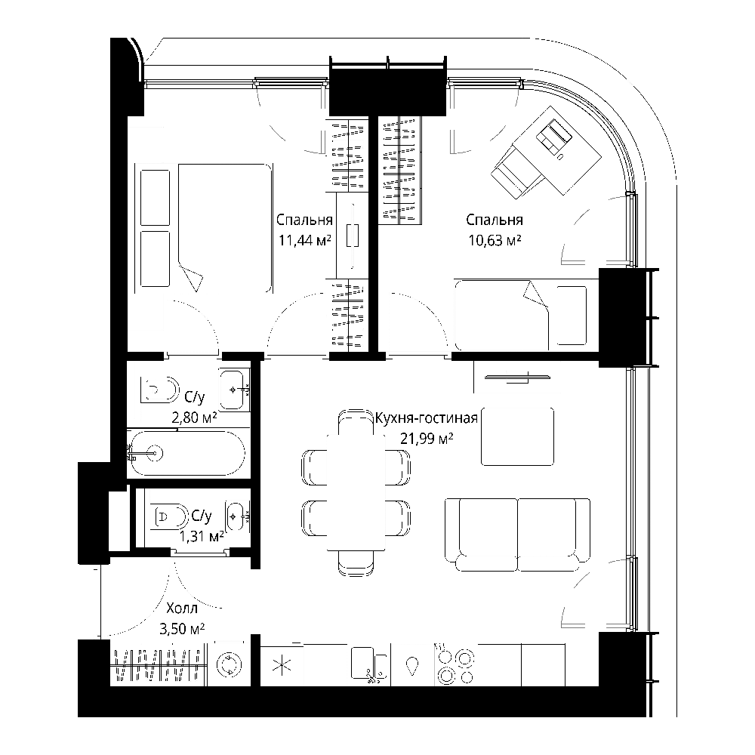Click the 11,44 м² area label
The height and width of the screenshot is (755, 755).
[x=305, y=240]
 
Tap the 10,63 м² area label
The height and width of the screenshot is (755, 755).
[x=495, y=240]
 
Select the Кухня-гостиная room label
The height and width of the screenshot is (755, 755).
[x=426, y=418]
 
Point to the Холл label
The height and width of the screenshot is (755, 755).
[x=182, y=608]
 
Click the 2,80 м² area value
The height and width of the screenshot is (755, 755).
[x=194, y=418]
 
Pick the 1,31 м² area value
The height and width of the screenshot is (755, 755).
[x=202, y=536]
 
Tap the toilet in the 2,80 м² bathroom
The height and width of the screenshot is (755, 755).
[x=159, y=389]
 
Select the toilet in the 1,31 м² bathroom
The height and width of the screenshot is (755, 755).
[x=168, y=516]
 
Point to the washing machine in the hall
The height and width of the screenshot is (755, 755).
[x=229, y=664]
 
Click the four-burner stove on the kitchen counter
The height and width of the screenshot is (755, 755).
[x=455, y=664]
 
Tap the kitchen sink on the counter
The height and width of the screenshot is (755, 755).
[x=369, y=664]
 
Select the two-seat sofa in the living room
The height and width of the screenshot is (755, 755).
[x=518, y=535]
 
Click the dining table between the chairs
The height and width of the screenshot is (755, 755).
[x=356, y=492]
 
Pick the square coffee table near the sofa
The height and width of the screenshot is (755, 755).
[x=518, y=436]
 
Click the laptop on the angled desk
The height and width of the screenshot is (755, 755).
[x=553, y=135]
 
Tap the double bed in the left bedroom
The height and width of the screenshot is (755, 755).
[x=224, y=228]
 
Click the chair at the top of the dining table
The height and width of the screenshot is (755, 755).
[x=356, y=423]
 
